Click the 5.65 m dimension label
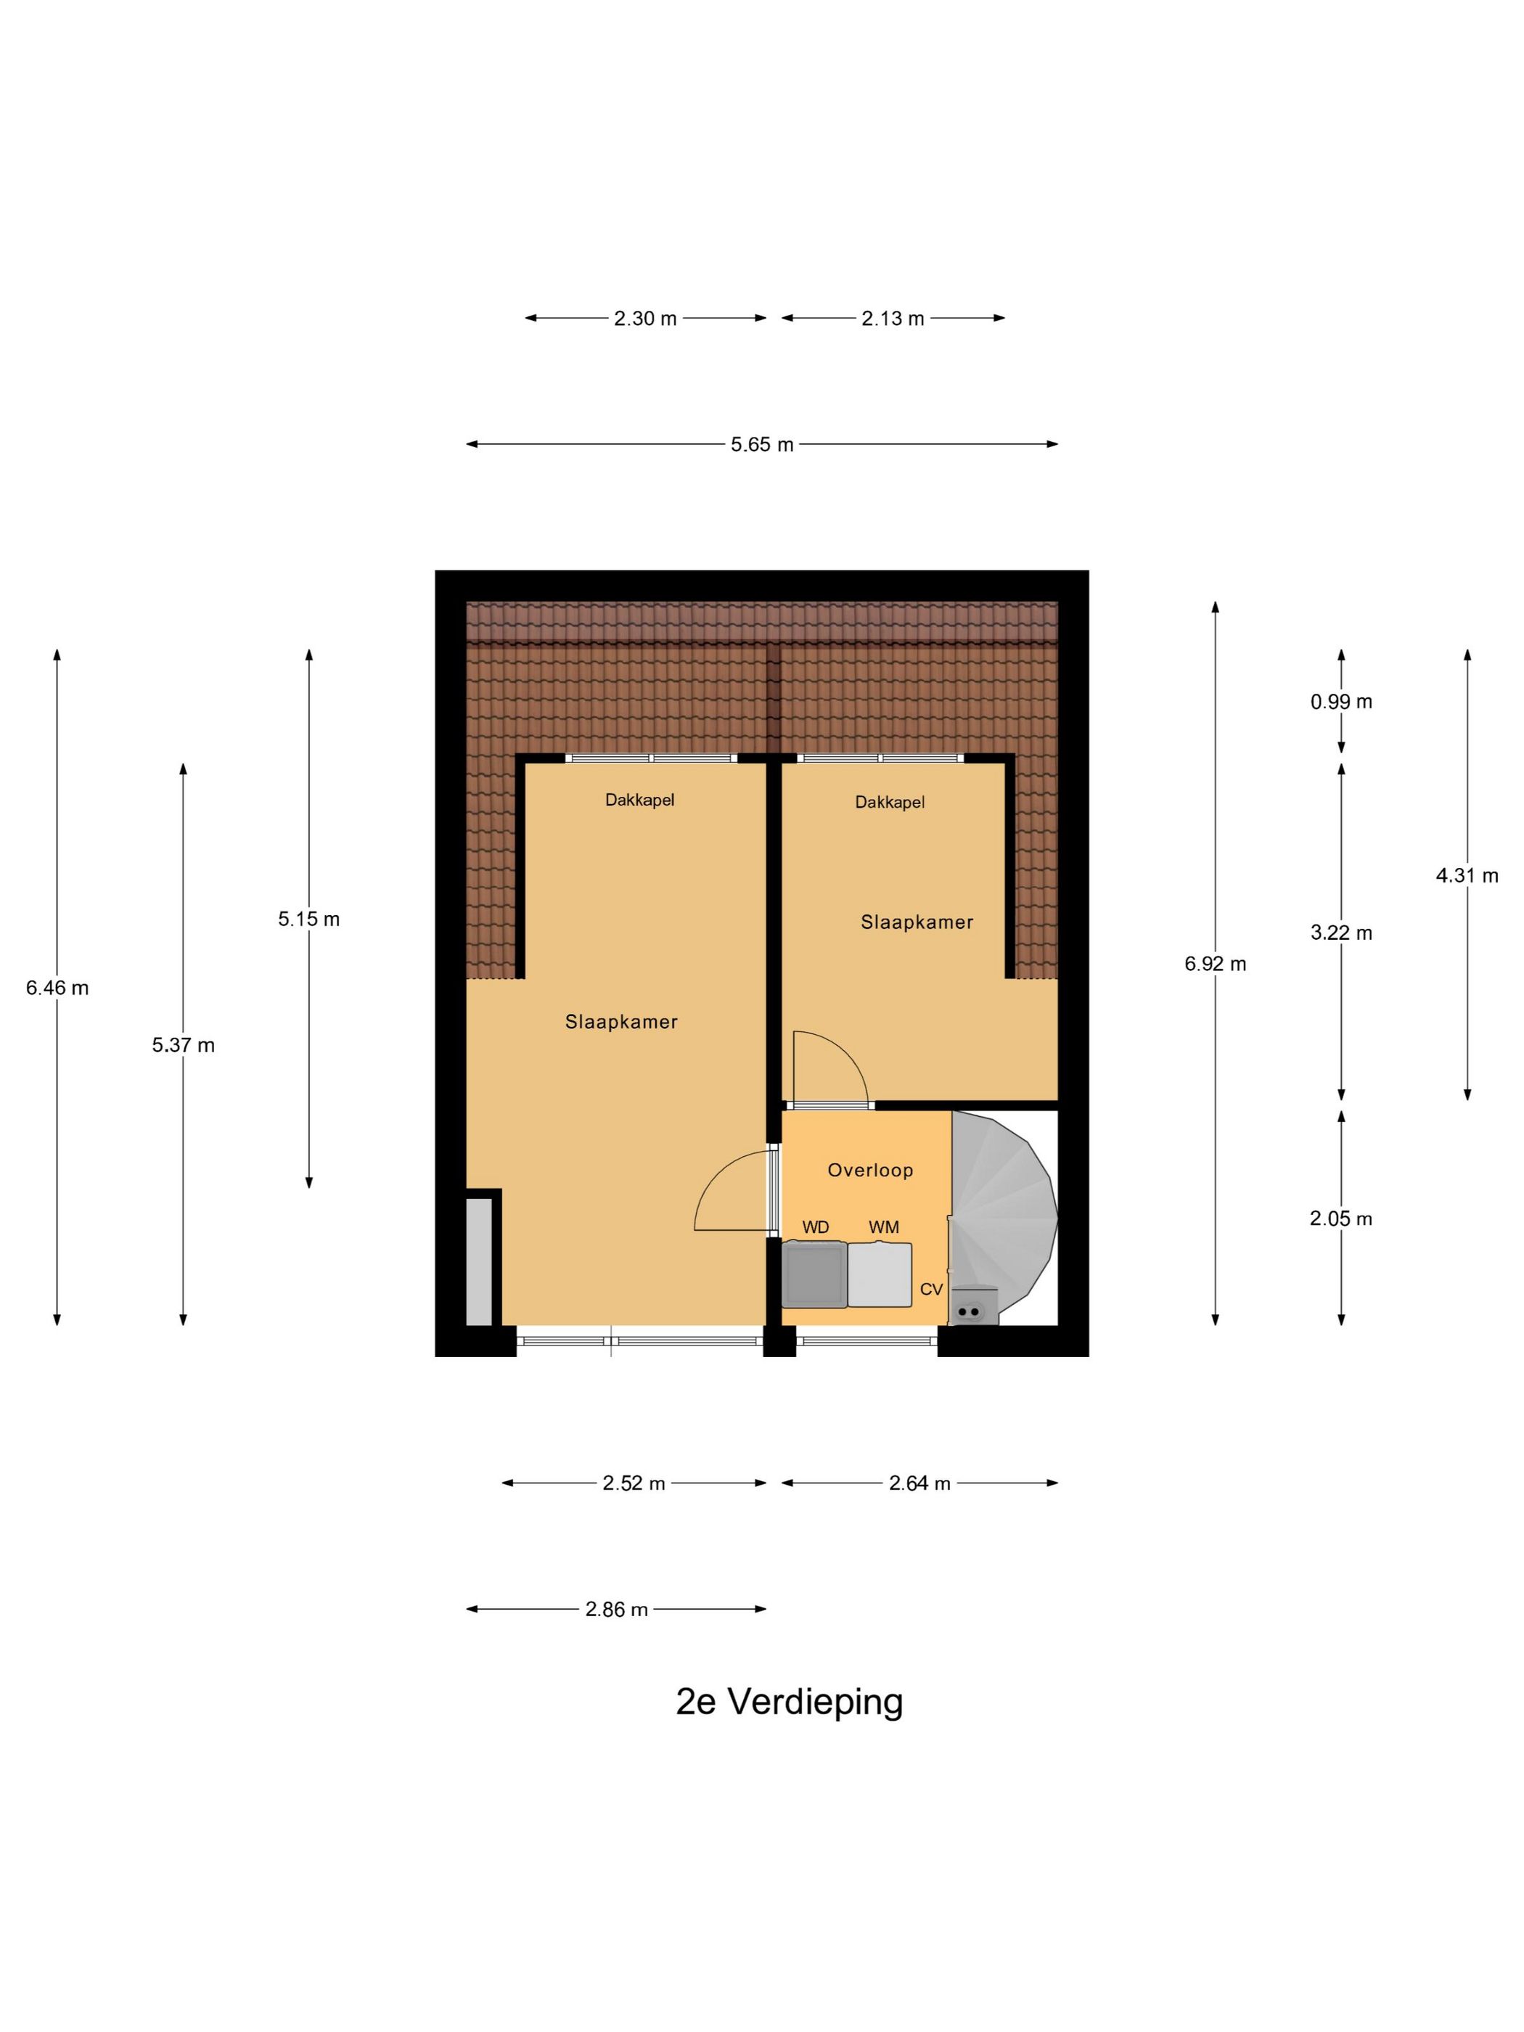761,445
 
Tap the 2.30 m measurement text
645,319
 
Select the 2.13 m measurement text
892,319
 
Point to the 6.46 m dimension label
57,988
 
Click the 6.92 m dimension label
1214,964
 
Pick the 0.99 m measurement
1340,702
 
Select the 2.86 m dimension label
616,1610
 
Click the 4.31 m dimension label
1466,875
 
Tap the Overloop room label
870,1171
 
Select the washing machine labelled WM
879,1274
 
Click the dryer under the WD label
814,1274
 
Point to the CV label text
930,1290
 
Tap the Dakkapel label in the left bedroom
639,800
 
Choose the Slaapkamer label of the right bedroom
916,922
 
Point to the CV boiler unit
974,1306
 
